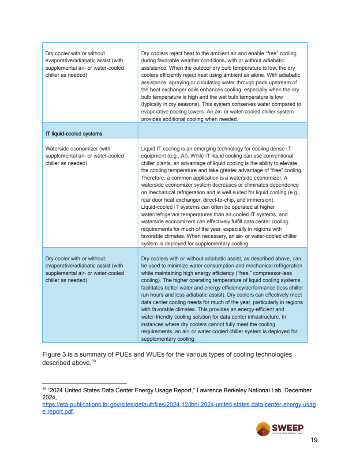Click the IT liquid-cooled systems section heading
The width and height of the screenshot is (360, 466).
pyautogui.click(x=74, y=134)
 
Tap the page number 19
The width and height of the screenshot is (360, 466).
pyautogui.click(x=314, y=440)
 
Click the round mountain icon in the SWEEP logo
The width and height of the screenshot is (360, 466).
pyautogui.click(x=263, y=429)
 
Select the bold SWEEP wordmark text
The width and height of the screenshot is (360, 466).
pyautogui.click(x=288, y=427)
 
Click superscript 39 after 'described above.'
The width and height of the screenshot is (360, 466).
pyautogui.click(x=94, y=362)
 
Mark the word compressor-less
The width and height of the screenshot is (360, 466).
pyautogui.click(x=275, y=273)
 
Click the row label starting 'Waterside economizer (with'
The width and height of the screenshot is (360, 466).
pyautogui.click(x=78, y=149)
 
